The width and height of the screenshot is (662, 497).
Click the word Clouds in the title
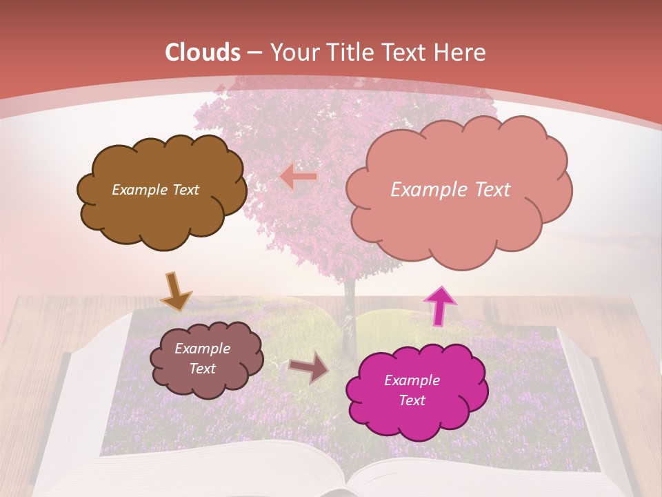(x=203, y=52)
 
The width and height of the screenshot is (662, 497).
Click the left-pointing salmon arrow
(x=299, y=177)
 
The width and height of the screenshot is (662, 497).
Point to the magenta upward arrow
(x=439, y=305)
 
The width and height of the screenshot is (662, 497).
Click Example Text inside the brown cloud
(x=155, y=190)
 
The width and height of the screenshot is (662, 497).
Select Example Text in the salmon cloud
(x=450, y=190)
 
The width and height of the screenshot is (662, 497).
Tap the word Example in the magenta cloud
(x=412, y=380)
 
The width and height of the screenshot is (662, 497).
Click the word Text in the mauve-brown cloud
(x=203, y=369)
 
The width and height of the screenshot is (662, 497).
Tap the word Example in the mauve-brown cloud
(x=203, y=349)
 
